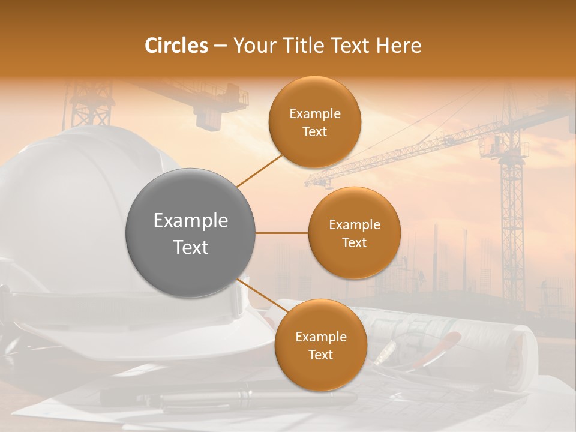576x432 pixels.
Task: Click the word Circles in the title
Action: click(x=176, y=46)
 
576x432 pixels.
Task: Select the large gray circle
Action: click(x=190, y=233)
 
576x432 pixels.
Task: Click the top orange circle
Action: click(x=314, y=122)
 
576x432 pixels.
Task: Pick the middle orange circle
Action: click(x=354, y=233)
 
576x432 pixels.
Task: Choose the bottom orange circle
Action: click(x=320, y=346)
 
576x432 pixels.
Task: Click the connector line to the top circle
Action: click(x=259, y=171)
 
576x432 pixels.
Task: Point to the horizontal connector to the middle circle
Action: click(x=281, y=233)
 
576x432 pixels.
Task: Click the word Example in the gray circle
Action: click(x=190, y=221)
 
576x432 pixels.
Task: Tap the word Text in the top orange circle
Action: click(x=314, y=132)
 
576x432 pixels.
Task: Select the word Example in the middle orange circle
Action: click(x=354, y=225)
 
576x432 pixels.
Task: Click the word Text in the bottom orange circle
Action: click(x=320, y=355)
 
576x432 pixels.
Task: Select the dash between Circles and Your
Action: click(x=220, y=46)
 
